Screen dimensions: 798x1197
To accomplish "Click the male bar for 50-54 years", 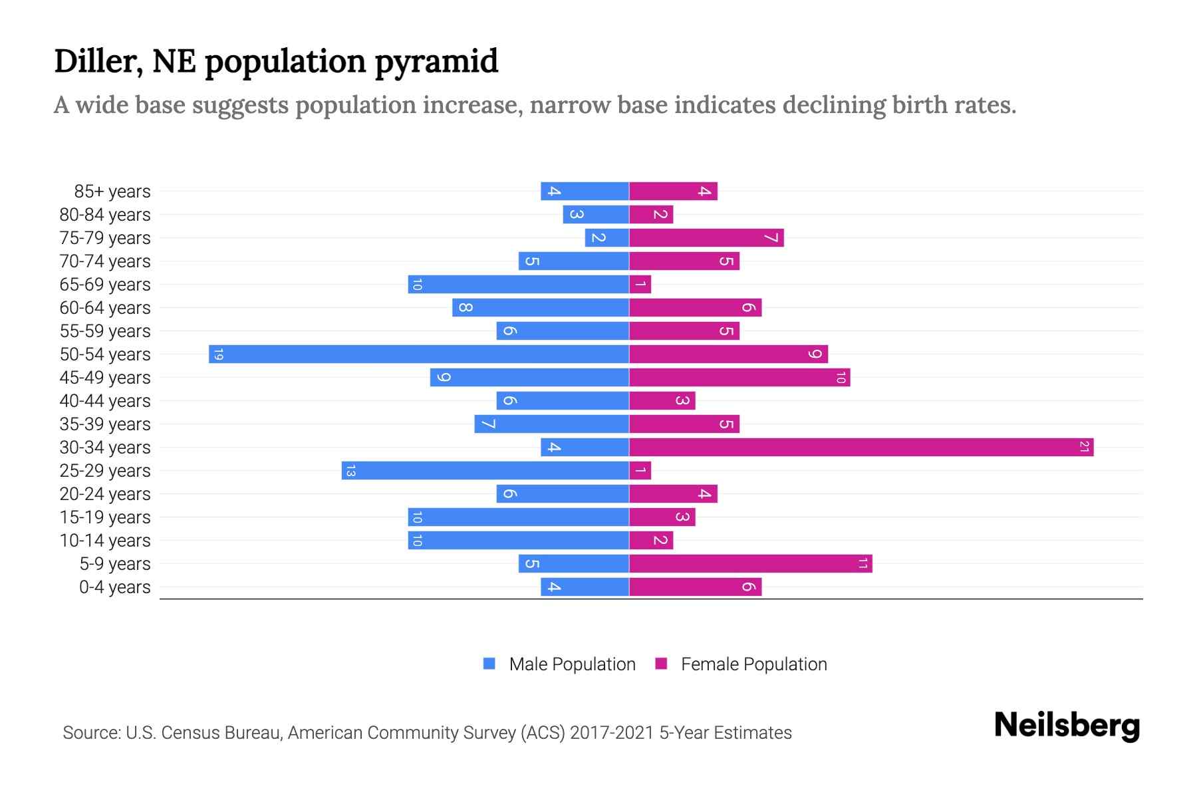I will [419, 354].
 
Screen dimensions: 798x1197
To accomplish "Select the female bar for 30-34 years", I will [861, 447].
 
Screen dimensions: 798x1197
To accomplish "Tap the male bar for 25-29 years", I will [485, 470].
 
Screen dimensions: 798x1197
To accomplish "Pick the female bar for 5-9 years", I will [750, 563].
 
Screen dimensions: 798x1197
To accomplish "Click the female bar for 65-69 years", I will [640, 284].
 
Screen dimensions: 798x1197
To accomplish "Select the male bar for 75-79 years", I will [606, 237].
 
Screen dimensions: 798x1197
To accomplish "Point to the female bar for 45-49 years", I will [739, 377].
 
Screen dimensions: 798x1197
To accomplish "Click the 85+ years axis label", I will [112, 192].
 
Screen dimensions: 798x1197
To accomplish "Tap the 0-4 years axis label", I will [114, 587].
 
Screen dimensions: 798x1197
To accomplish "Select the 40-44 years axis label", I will [105, 401].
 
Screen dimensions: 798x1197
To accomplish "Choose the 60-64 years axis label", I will [105, 308].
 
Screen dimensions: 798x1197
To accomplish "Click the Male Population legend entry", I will [571, 664].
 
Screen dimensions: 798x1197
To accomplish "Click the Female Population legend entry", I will [753, 664].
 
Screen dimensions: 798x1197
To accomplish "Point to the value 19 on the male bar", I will [218, 354].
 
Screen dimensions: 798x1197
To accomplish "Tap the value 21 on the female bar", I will [1084, 447].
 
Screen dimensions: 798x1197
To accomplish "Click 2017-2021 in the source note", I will [611, 733].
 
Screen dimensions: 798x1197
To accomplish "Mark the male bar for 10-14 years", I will [519, 540].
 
